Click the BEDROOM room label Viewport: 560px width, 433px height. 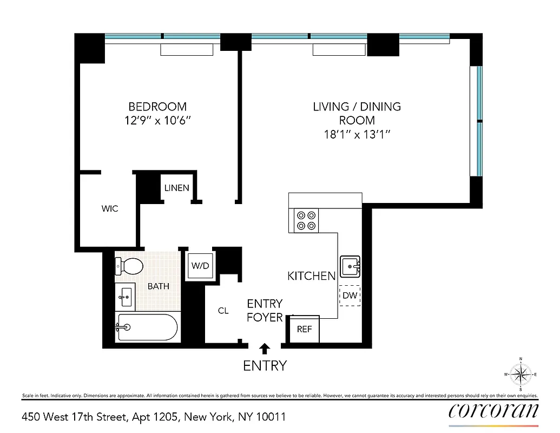click(157, 107)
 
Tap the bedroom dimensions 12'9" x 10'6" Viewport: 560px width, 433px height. click(157, 121)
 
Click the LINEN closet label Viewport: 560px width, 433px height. click(177, 188)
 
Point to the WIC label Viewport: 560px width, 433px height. click(110, 208)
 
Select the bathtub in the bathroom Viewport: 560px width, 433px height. click(147, 327)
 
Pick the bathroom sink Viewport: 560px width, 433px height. click(126, 296)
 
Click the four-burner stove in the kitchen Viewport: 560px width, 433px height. click(305, 220)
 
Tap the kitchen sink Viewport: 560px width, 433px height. click(350, 266)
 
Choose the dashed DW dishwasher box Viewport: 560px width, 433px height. click(350, 296)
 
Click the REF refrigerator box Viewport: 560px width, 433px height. click(305, 329)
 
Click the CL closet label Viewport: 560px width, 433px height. click(223, 311)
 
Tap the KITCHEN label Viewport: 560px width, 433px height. click(311, 276)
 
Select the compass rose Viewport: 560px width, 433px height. click(521, 374)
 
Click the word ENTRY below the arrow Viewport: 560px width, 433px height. click(265, 366)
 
